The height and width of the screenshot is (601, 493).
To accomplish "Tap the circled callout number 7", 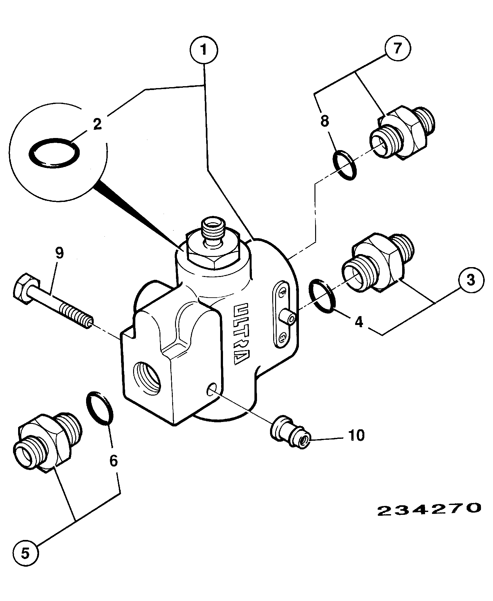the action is point(398,48).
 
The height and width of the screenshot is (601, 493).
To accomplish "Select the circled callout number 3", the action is point(471,280).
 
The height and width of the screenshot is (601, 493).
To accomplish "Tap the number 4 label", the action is point(358,322).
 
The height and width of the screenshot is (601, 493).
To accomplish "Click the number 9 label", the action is point(59,253).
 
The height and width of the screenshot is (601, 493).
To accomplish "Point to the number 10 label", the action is point(356,435).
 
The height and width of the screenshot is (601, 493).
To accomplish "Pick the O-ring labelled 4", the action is point(321,296).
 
